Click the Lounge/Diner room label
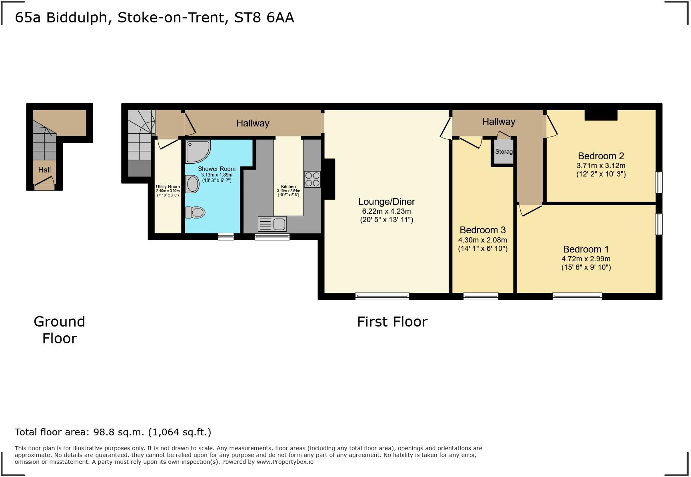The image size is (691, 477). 386,202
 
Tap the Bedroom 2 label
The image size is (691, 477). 601,156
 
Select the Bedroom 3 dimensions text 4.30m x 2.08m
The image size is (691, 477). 483,240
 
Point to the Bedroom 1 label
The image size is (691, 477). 586,249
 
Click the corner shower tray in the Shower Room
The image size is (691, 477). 198,151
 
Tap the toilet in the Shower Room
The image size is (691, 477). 195,212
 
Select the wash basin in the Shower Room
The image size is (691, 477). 192,184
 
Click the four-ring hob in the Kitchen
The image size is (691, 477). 312,179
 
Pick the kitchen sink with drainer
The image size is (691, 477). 272,224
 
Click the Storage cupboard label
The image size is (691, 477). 504,152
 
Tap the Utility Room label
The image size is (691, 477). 168,186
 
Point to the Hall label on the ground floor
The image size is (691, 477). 44,170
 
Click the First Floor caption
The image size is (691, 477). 392,322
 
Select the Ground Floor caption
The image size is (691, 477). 60,330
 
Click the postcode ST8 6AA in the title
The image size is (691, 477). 264,18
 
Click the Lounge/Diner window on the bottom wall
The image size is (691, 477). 382,296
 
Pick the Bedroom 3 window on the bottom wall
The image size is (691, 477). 481,296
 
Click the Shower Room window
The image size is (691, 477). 226,236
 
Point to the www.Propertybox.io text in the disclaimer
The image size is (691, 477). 285,462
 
